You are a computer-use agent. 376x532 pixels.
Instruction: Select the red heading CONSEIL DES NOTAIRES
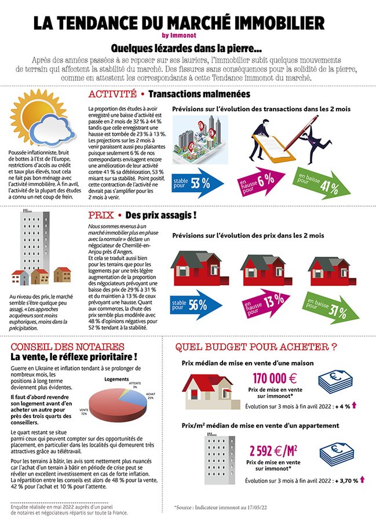coord(58,347)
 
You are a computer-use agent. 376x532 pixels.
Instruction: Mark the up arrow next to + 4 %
coord(353,406)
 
